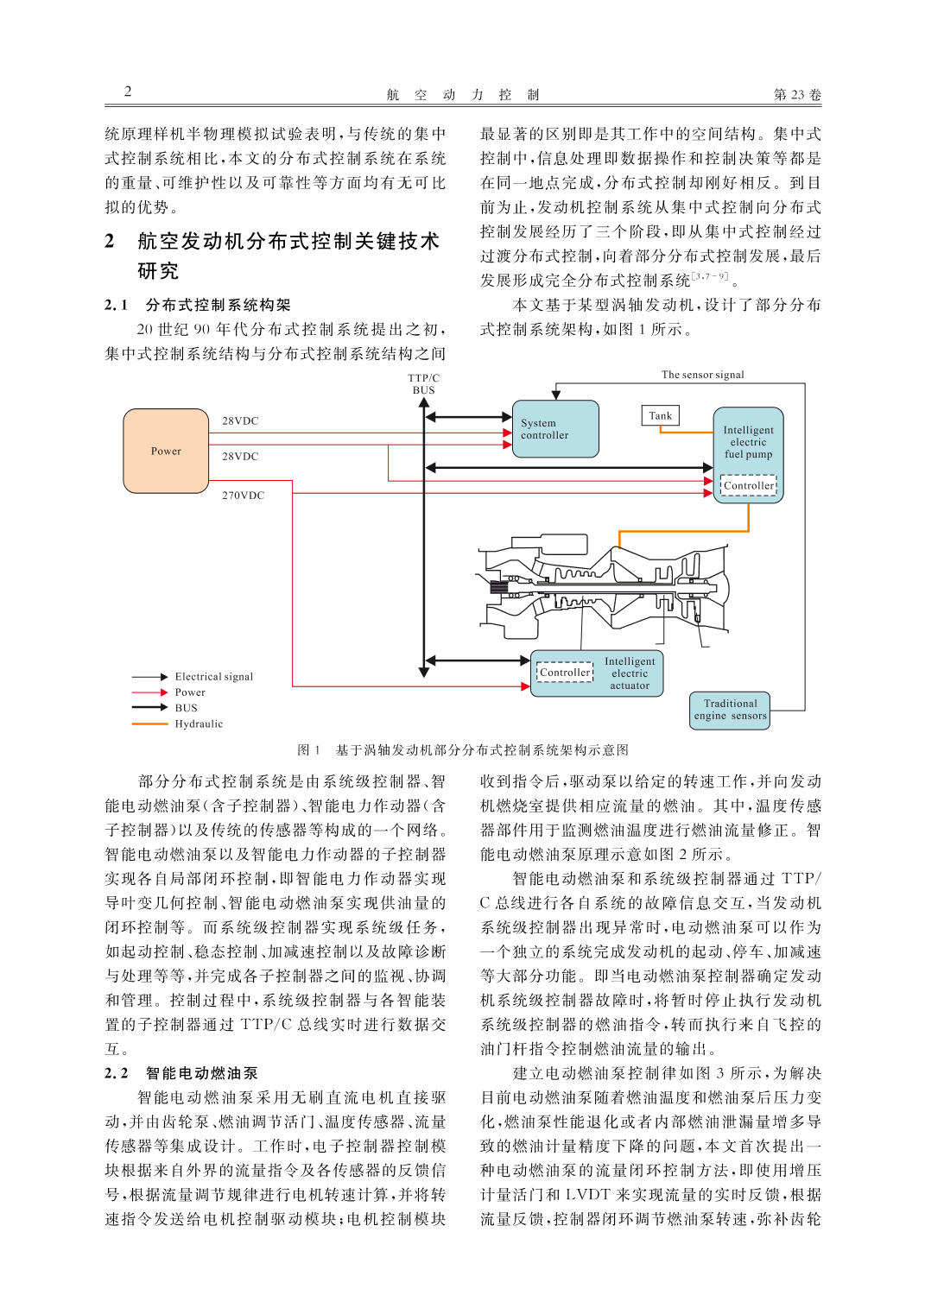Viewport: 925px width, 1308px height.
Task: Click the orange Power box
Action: click(166, 451)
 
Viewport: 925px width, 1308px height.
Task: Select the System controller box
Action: click(555, 428)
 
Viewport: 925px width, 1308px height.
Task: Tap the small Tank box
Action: click(661, 416)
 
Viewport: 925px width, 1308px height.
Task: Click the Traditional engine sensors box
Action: click(730, 711)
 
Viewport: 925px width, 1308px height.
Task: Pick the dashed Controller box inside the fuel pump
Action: click(749, 485)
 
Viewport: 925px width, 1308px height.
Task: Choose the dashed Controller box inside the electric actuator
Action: click(565, 672)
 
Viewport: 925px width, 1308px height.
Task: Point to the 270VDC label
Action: click(243, 496)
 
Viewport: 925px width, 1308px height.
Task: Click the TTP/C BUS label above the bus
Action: click(423, 383)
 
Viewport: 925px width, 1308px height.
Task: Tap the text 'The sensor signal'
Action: click(702, 375)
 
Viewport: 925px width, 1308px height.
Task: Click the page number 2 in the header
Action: click(128, 92)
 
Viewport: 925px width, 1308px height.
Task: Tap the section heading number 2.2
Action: click(117, 1073)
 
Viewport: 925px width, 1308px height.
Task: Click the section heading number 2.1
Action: click(117, 305)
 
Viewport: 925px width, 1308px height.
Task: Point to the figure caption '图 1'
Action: click(309, 750)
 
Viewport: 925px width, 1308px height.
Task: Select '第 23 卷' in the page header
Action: click(797, 94)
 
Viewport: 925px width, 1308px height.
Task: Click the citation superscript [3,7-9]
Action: click(710, 276)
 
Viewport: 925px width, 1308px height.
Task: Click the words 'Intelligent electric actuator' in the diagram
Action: click(630, 673)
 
